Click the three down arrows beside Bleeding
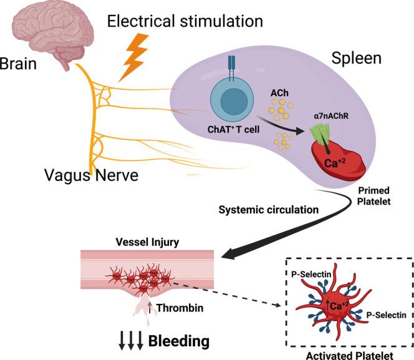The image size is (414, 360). pos(130,341)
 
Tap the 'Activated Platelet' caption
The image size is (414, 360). pos(346,354)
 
